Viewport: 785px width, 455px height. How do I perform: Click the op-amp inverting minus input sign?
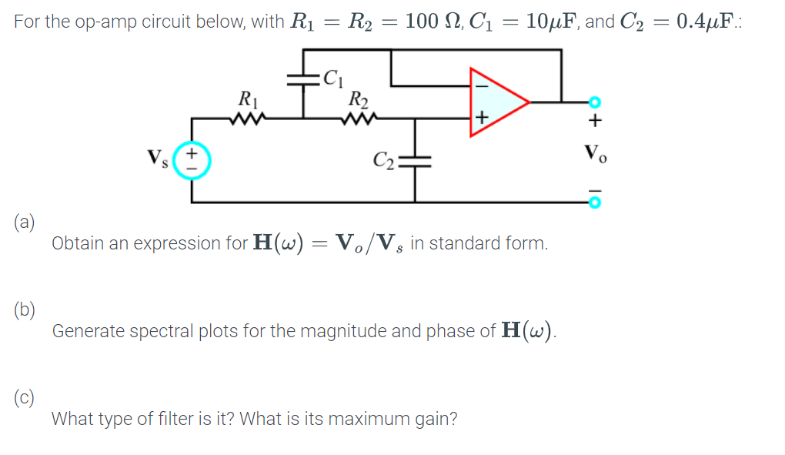click(x=481, y=85)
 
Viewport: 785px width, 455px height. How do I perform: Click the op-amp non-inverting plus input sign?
click(x=482, y=117)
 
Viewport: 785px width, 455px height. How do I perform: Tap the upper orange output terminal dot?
click(x=593, y=102)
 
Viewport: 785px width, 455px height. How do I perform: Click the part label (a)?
click(x=23, y=223)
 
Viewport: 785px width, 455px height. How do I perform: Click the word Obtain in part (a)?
click(x=77, y=244)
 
